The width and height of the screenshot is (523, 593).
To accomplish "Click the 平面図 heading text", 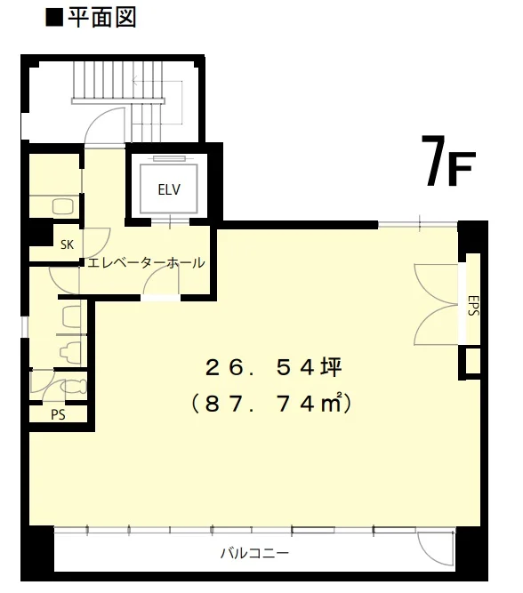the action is click(x=101, y=18).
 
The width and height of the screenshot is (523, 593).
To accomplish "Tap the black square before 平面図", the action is click(x=54, y=19).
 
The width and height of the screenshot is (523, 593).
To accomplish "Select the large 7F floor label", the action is click(x=448, y=162).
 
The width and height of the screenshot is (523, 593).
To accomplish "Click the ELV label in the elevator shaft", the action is click(x=169, y=189).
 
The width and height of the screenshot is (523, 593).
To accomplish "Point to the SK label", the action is click(x=67, y=244).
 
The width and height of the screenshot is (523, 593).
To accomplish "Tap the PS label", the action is click(x=58, y=415).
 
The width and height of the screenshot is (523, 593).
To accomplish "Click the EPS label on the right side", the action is click(x=473, y=305).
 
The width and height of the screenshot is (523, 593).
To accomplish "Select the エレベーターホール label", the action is click(x=146, y=262).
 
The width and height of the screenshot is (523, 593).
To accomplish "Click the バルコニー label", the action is click(x=254, y=553).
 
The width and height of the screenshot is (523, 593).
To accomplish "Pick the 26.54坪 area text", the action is click(x=274, y=367).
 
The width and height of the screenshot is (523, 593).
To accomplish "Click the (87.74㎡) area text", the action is click(x=271, y=404).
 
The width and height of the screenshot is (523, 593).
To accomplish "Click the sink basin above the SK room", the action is click(x=62, y=207).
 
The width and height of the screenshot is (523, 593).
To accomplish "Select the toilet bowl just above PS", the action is click(x=73, y=386).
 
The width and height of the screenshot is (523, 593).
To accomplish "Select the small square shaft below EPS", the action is click(x=472, y=361).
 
